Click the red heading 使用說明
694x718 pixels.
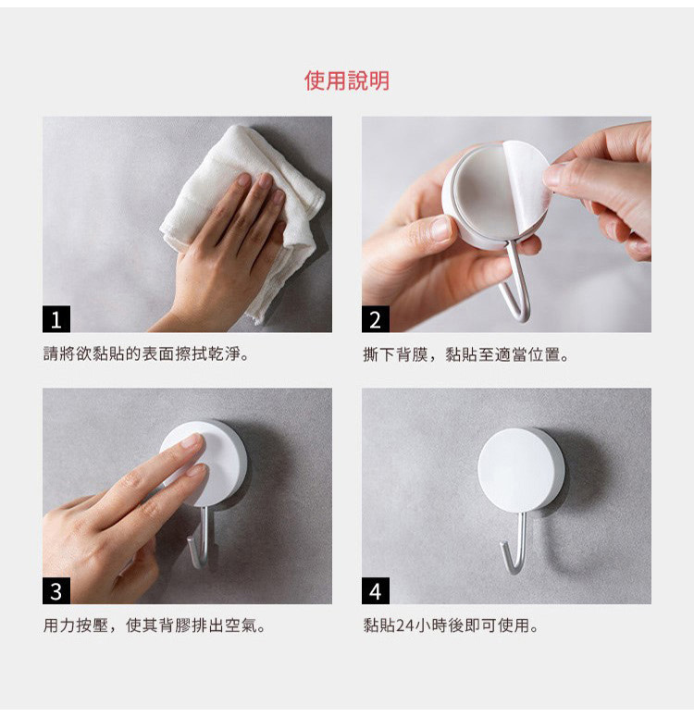347,80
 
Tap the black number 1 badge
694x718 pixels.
56,318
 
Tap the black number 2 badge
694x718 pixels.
376,318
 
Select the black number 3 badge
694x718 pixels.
56,590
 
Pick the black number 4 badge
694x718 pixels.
376,590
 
